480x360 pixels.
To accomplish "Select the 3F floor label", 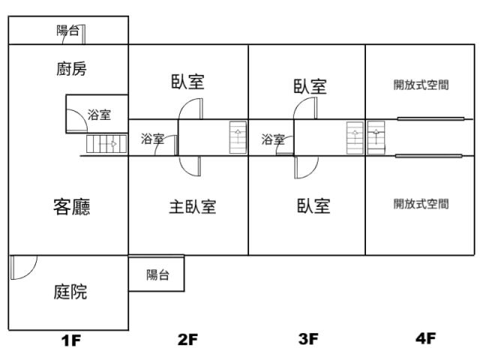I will point(308,339).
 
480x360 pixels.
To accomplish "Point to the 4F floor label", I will point(425,338).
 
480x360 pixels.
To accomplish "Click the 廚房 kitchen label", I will point(71,69).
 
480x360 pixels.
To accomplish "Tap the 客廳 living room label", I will point(71,207).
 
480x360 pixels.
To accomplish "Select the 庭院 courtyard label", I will point(70,292).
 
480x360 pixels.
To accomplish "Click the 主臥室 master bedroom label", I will point(192,207).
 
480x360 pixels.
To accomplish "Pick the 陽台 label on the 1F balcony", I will point(67,31).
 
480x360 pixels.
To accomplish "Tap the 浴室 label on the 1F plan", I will point(99,115).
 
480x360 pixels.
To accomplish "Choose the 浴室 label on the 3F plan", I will point(273,139).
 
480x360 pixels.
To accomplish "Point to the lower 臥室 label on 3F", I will point(313,205).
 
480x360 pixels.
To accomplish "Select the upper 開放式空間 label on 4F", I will point(421,85).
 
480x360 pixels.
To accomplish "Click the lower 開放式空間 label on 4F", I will point(421,203).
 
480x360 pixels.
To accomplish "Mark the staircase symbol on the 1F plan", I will point(101,143).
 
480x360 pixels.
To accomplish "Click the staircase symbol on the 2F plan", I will point(238,137).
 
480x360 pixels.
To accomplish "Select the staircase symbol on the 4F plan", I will point(375,137).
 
